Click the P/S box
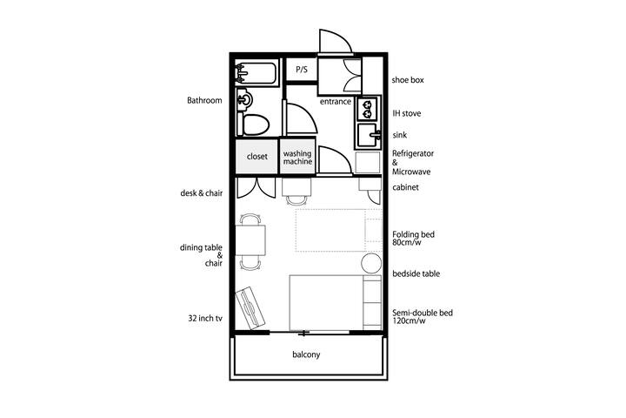click(x=302, y=69)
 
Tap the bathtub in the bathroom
click(x=256, y=73)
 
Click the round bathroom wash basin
click(x=244, y=99)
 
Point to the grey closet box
click(x=256, y=157)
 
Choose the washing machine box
click(x=297, y=157)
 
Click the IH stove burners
click(x=367, y=109)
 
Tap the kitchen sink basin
click(x=368, y=135)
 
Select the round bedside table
click(x=371, y=263)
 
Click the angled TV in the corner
click(x=250, y=307)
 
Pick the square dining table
click(x=250, y=240)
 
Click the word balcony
click(x=306, y=354)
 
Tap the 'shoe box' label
click(x=408, y=80)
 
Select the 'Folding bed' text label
click(x=413, y=234)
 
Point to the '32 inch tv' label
click(x=205, y=319)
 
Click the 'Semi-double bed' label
click(x=423, y=313)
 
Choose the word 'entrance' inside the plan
click(x=336, y=102)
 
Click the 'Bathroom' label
click(x=204, y=100)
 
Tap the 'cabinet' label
click(x=406, y=187)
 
